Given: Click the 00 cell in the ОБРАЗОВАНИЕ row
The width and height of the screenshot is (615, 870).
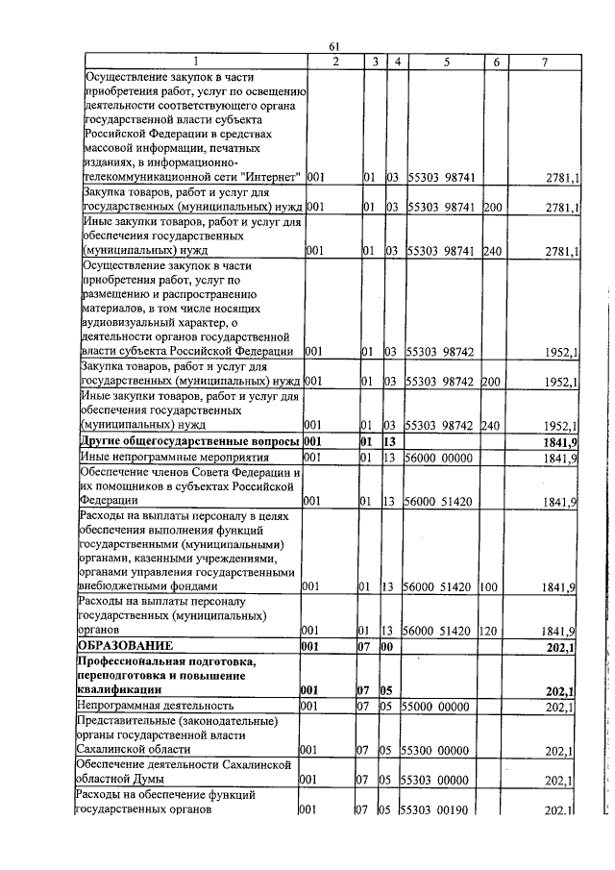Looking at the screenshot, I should coord(391,646).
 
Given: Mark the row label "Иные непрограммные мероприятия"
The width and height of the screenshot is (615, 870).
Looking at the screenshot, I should coord(160,459).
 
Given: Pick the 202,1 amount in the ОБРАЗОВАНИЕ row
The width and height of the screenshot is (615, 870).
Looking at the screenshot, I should coord(558,646).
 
